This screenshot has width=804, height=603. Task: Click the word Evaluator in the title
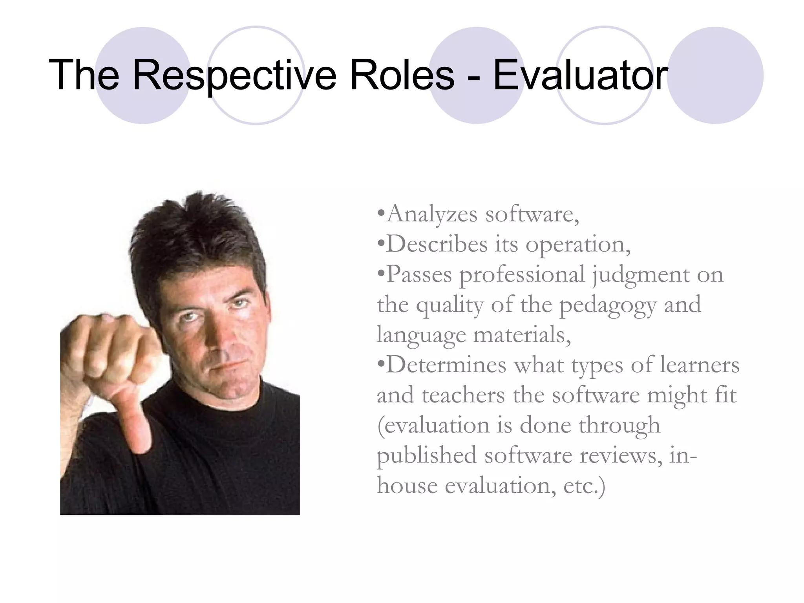coord(580,75)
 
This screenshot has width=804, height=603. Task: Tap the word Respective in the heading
coord(234,75)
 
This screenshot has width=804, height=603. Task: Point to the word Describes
coord(437,244)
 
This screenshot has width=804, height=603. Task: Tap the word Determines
coord(446,365)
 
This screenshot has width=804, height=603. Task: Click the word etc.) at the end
coord(584,486)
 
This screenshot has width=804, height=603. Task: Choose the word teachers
coord(463,395)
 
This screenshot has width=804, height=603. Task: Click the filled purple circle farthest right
coord(715,75)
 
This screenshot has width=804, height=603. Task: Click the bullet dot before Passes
coord(380,273)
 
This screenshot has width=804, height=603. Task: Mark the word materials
coord(522,335)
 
